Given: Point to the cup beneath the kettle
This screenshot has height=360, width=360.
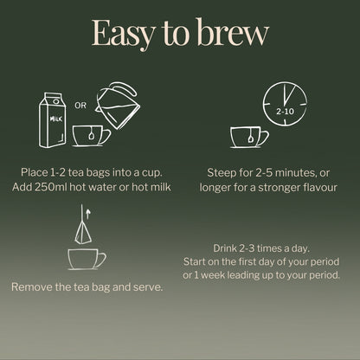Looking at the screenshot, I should (90, 136).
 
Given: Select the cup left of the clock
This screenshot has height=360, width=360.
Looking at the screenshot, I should (248, 136).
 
